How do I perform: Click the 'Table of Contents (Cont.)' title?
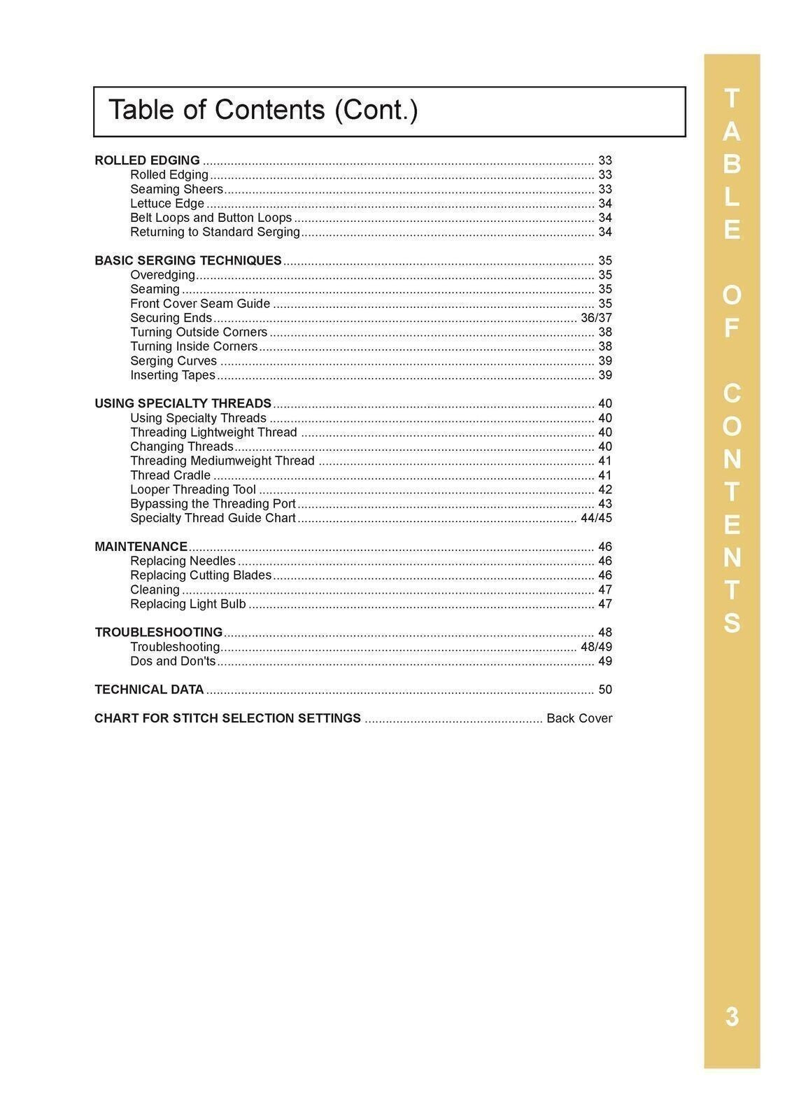pos(263,111)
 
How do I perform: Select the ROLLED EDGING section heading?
pos(147,160)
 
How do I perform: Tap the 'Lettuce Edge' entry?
pos(167,204)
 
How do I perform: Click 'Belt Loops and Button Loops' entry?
pos(211,218)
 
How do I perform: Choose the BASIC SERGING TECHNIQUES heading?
pos(187,260)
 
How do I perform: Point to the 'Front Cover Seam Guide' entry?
pos(200,304)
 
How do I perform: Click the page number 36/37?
pos(596,318)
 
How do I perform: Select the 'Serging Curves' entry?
pos(173,361)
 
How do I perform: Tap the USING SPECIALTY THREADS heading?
pos(183,404)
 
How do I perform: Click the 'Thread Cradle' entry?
pos(170,475)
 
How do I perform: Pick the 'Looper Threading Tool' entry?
pos(193,490)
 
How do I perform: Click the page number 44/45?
pos(596,519)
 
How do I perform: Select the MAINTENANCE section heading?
pos(141,547)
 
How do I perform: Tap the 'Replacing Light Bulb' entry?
pos(188,604)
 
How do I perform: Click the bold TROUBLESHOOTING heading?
pos(158,633)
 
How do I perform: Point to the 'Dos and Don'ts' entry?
pos(173,661)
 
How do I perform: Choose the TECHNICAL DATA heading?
pos(149,690)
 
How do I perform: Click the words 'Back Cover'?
pos(579,719)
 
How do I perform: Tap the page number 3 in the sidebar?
pos(732,1016)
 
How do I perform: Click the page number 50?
pos(605,690)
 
